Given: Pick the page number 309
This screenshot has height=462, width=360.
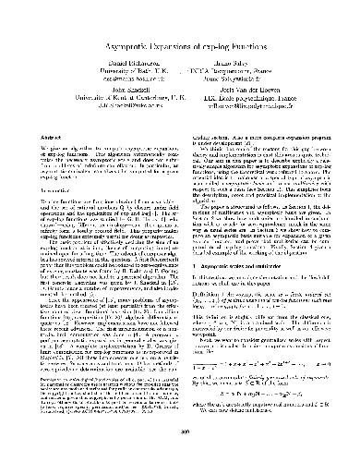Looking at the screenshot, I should coord(179,432).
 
